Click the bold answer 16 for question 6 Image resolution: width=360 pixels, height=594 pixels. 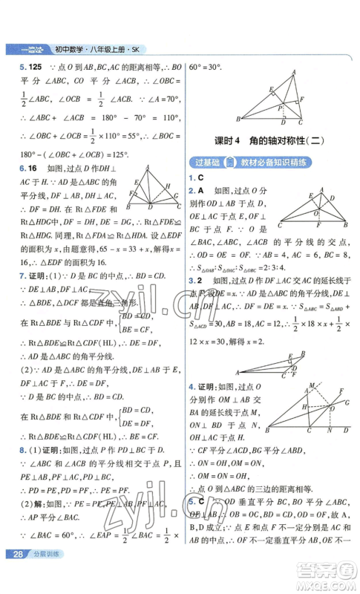tap(22, 169)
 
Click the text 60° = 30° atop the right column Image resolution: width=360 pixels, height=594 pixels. tap(209, 66)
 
